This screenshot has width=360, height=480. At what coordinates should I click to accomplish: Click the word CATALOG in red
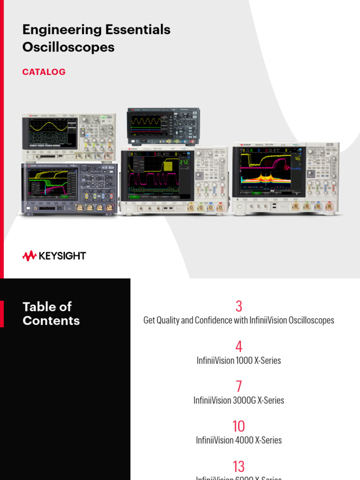[44, 72]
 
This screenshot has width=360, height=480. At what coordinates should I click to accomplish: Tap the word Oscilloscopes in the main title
[68, 47]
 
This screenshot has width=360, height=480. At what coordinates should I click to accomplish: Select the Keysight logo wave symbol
[30, 256]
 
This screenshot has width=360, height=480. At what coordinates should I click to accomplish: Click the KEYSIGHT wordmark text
[62, 256]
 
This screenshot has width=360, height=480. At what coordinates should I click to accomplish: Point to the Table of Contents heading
[51, 314]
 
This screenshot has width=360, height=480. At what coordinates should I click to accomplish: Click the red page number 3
[239, 307]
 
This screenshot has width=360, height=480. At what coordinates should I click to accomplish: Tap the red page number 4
[239, 347]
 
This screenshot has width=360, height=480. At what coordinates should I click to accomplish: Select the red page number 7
[239, 387]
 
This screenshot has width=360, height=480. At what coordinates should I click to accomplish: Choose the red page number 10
[239, 427]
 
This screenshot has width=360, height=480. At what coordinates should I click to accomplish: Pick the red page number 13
[239, 466]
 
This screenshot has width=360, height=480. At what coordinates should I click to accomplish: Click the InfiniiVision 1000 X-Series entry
[239, 360]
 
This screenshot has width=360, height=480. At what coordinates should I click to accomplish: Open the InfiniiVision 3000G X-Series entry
[239, 400]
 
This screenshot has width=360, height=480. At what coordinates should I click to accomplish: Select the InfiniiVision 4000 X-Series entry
[239, 440]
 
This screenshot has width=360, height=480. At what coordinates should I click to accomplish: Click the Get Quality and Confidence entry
[239, 321]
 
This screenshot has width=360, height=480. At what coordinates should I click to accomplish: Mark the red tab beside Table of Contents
[2, 314]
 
